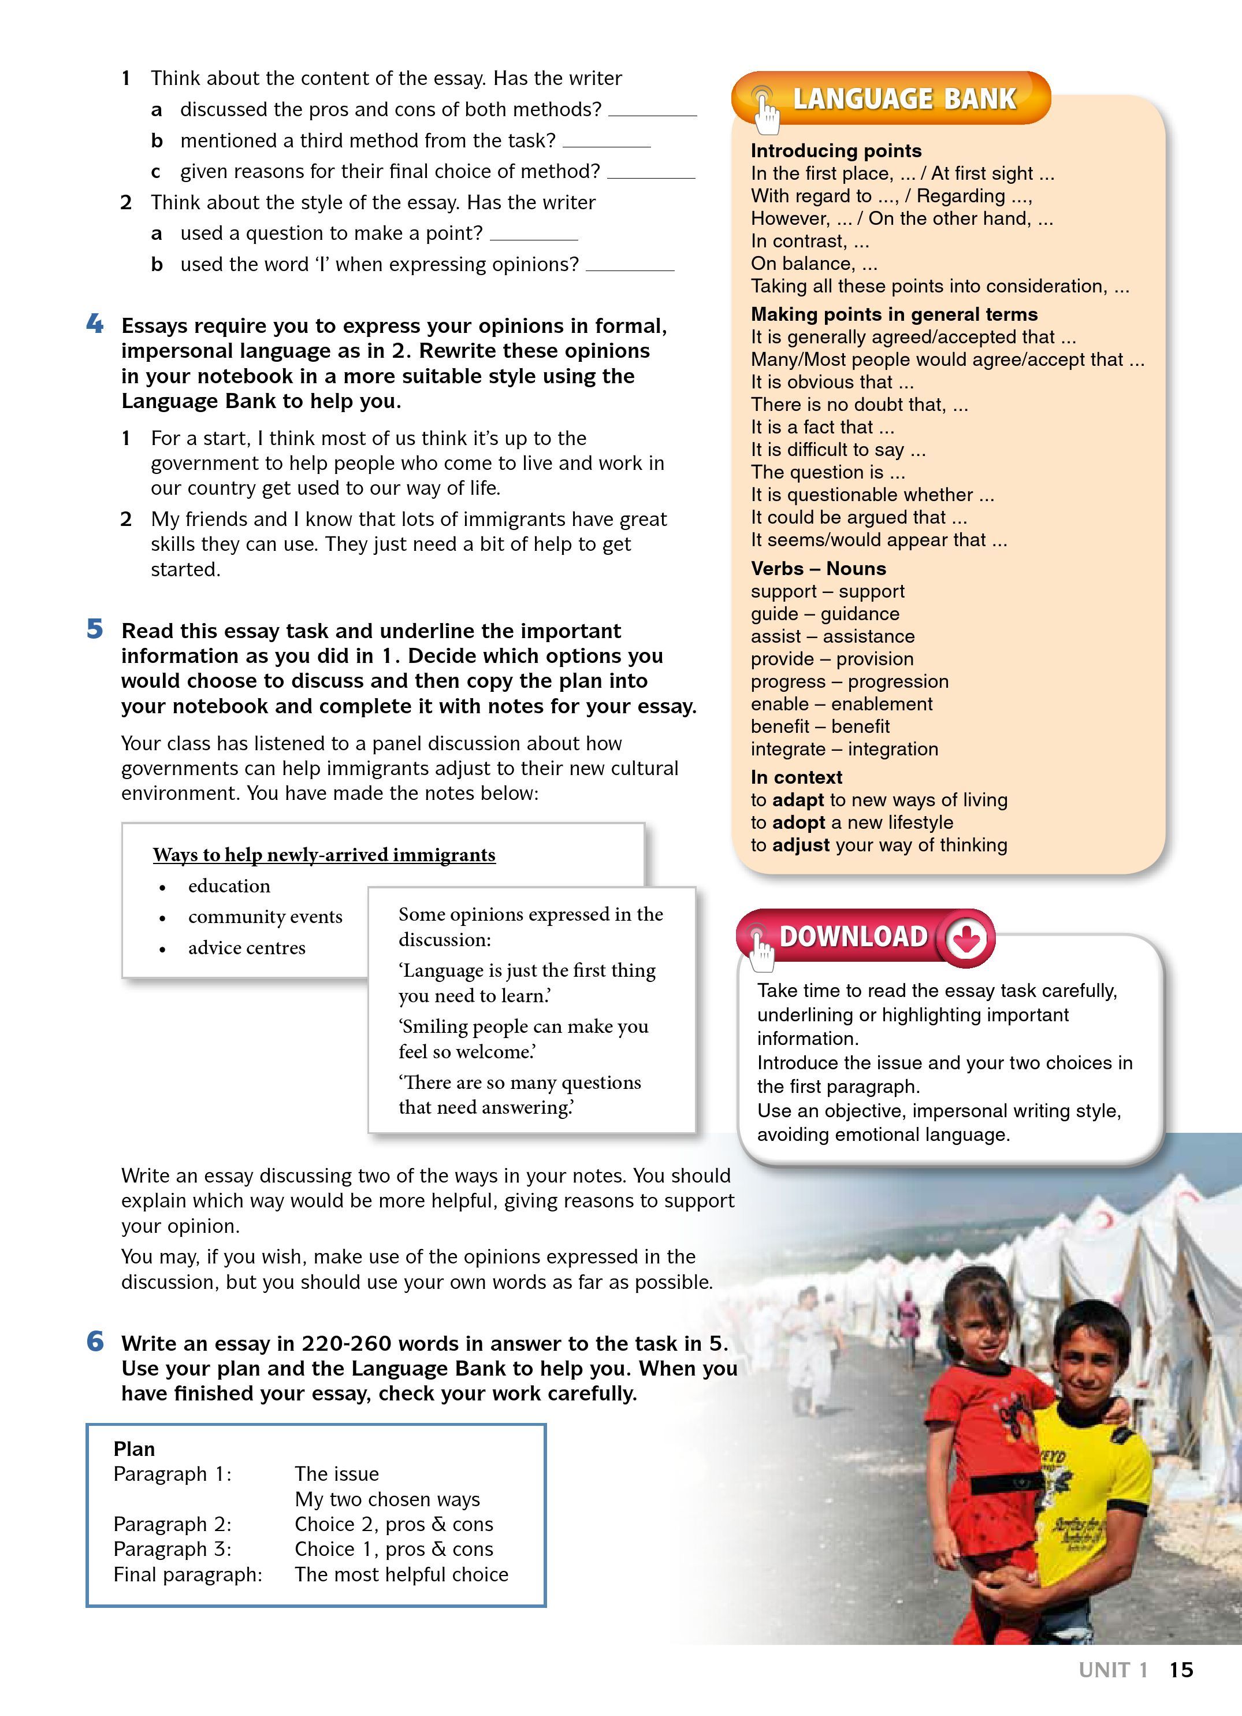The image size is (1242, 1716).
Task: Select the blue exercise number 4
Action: point(95,325)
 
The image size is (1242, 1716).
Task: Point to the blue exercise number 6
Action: point(95,1341)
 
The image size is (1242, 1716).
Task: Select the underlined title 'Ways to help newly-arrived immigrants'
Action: point(323,854)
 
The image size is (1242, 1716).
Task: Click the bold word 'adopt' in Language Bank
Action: point(799,822)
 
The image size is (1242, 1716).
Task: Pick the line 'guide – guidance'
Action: point(824,614)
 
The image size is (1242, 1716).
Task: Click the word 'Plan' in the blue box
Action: point(134,1448)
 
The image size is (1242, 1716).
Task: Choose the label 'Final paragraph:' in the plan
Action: point(188,1574)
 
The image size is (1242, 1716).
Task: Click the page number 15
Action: point(1181,1670)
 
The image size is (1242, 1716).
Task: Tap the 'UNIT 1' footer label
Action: point(1113,1670)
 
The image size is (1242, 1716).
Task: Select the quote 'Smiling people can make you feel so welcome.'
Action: point(523,1039)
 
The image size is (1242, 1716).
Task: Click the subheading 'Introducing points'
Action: point(836,151)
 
